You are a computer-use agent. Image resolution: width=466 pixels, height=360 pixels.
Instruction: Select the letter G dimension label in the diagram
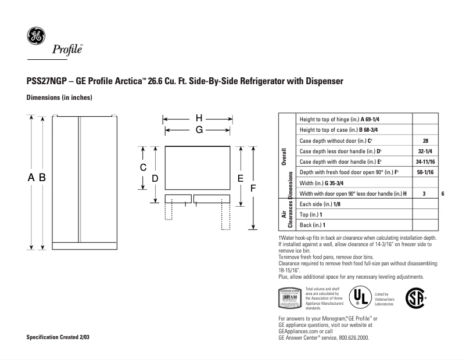(198, 130)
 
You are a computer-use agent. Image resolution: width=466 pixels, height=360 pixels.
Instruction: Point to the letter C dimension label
(143, 167)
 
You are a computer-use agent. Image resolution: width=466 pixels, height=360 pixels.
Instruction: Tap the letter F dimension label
(252, 188)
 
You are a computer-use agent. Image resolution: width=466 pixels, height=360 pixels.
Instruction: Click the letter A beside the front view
(31, 178)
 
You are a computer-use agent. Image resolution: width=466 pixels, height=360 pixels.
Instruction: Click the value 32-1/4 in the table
(425, 152)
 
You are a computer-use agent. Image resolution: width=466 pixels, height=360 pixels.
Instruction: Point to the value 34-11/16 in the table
(425, 162)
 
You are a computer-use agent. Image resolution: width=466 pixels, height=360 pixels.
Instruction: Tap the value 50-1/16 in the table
(425, 172)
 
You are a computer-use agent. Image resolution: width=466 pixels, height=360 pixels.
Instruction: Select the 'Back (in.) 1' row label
(312, 225)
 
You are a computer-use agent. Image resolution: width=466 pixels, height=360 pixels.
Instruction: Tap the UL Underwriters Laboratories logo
(359, 297)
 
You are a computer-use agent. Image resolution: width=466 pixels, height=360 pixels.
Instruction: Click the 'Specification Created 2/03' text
(58, 337)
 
